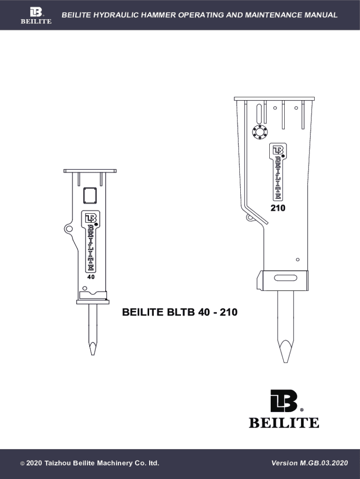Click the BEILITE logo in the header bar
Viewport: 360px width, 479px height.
tap(36, 15)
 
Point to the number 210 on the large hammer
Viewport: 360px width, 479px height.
tap(278, 208)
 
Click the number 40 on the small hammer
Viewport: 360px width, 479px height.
tap(91, 277)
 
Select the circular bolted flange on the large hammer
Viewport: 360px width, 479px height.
tap(259, 131)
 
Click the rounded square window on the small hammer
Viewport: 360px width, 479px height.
tap(90, 196)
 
